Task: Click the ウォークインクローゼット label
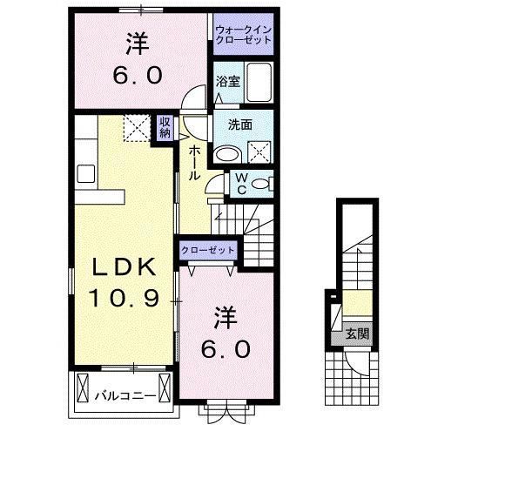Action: pos(244,35)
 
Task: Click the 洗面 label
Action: pos(240,125)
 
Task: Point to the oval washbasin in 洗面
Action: pos(226,154)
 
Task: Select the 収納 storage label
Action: pos(165,127)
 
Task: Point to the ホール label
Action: pos(195,162)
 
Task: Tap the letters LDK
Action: pos(122,267)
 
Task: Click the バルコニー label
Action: pos(125,396)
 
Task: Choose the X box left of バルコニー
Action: pos(82,385)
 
